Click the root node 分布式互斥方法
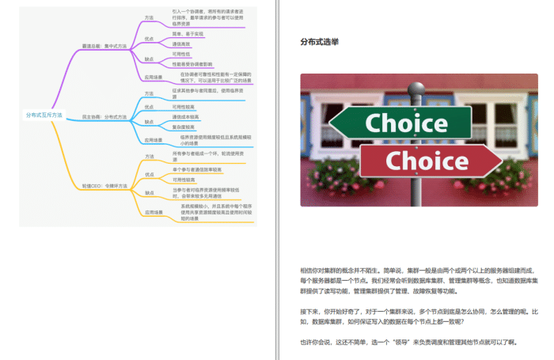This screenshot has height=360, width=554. coord(44,115)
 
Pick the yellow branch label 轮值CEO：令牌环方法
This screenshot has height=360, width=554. coord(104,185)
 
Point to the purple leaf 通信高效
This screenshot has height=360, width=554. coord(181,44)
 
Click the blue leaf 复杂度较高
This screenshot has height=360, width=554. coord(184,127)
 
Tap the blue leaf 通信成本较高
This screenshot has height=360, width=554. coord(185,117)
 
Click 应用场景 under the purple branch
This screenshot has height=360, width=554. coord(152,78)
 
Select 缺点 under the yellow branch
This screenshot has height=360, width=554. coord(149,192)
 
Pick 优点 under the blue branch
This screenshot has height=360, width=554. coord(149,107)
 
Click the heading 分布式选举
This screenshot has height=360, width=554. coord(320,42)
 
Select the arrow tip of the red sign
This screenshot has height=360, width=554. coord(499,161)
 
